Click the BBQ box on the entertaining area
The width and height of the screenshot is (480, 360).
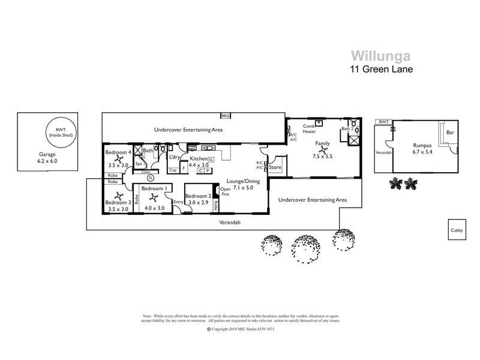pos(226,115)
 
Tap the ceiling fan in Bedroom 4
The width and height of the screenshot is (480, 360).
pos(120,158)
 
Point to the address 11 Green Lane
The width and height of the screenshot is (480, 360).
pos(380,68)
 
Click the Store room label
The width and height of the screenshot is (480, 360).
pos(275,167)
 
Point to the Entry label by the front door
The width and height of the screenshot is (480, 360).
pos(178,202)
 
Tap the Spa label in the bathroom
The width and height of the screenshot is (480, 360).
pos(138,163)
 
